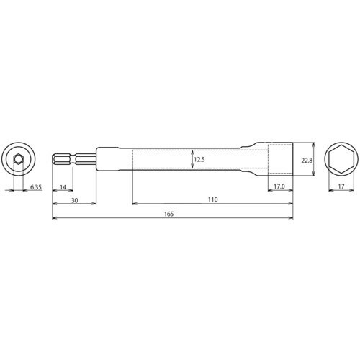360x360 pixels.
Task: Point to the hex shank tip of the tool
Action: (59, 158)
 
